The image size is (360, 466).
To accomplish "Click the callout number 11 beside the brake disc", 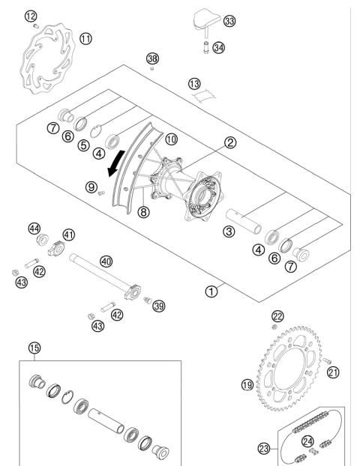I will (86, 38).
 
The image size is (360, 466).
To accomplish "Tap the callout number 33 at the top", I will (229, 22).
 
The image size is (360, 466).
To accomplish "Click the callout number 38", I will (153, 58).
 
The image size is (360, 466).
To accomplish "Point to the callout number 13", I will (195, 83).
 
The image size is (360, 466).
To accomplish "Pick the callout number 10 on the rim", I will (171, 139).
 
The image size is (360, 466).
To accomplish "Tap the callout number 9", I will (91, 187).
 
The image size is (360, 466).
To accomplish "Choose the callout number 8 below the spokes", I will (144, 212).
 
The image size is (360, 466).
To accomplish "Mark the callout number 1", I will (213, 291).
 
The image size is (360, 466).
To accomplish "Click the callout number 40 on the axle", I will (106, 261).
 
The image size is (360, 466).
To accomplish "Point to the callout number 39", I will (158, 305).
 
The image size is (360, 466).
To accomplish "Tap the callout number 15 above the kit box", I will (33, 348).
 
